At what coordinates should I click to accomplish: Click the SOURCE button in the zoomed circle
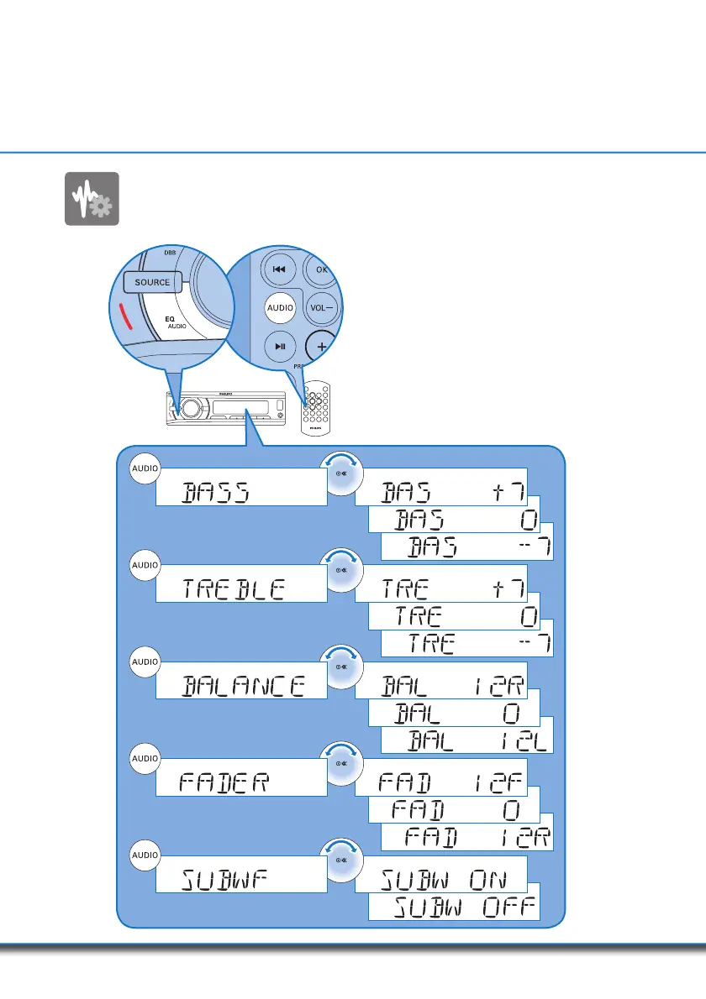click(x=152, y=282)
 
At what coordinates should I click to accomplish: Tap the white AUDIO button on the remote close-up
click(x=280, y=308)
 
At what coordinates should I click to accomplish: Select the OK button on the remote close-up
click(x=320, y=270)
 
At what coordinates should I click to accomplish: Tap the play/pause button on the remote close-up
click(x=278, y=347)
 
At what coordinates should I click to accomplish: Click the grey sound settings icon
click(x=92, y=199)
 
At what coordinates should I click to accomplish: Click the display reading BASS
click(x=240, y=491)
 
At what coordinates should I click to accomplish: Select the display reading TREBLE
click(x=240, y=588)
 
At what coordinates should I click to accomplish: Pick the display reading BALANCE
click(x=240, y=686)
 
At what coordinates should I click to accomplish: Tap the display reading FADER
click(x=240, y=783)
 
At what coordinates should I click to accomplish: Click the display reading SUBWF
click(x=240, y=881)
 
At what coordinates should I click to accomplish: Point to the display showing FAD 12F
click(x=442, y=783)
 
